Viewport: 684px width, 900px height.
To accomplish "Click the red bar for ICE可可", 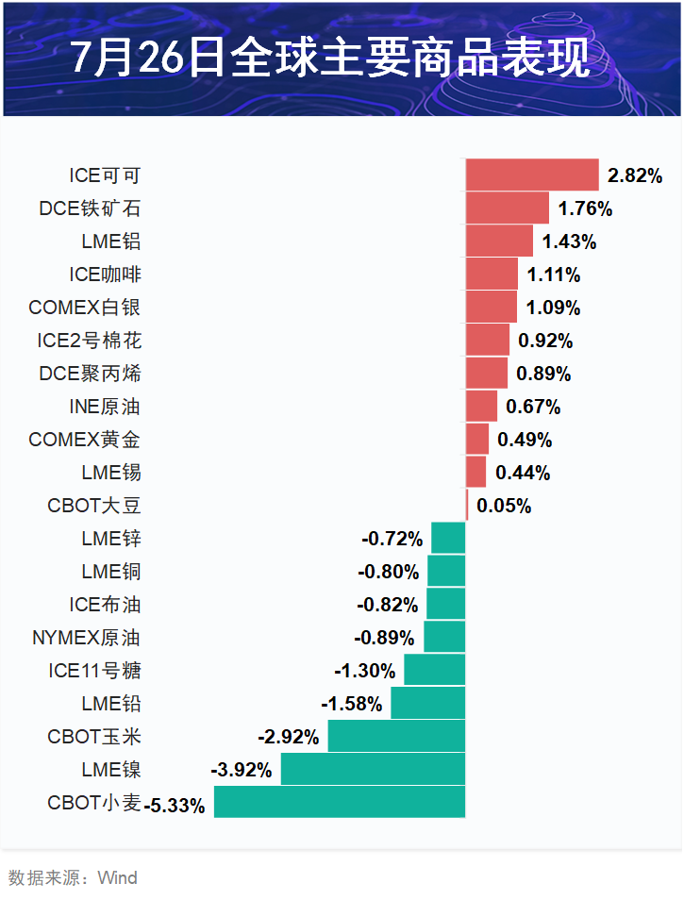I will [532, 175].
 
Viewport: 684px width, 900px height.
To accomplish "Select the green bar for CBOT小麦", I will [340, 802].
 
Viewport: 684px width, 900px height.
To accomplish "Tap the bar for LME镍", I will [373, 769].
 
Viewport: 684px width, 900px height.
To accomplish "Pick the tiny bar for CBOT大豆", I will [466, 505].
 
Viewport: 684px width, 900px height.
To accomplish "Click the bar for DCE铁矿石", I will [507, 208].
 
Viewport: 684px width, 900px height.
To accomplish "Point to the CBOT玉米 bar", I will [396, 736].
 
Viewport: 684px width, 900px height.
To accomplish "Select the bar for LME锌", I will [448, 538].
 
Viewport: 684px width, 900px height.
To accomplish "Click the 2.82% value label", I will [635, 175].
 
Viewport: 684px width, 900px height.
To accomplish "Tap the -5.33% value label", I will [175, 807].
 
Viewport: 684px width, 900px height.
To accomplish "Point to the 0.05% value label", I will [504, 506].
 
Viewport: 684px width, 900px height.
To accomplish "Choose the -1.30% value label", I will [364, 671].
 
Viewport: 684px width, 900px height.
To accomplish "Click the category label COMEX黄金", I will [85, 440].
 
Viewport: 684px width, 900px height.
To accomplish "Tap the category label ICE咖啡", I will [105, 275].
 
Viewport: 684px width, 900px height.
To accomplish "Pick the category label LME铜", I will [111, 572].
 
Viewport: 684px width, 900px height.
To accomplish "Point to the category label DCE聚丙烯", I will [91, 374].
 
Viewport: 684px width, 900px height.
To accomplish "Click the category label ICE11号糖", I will [94, 671].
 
